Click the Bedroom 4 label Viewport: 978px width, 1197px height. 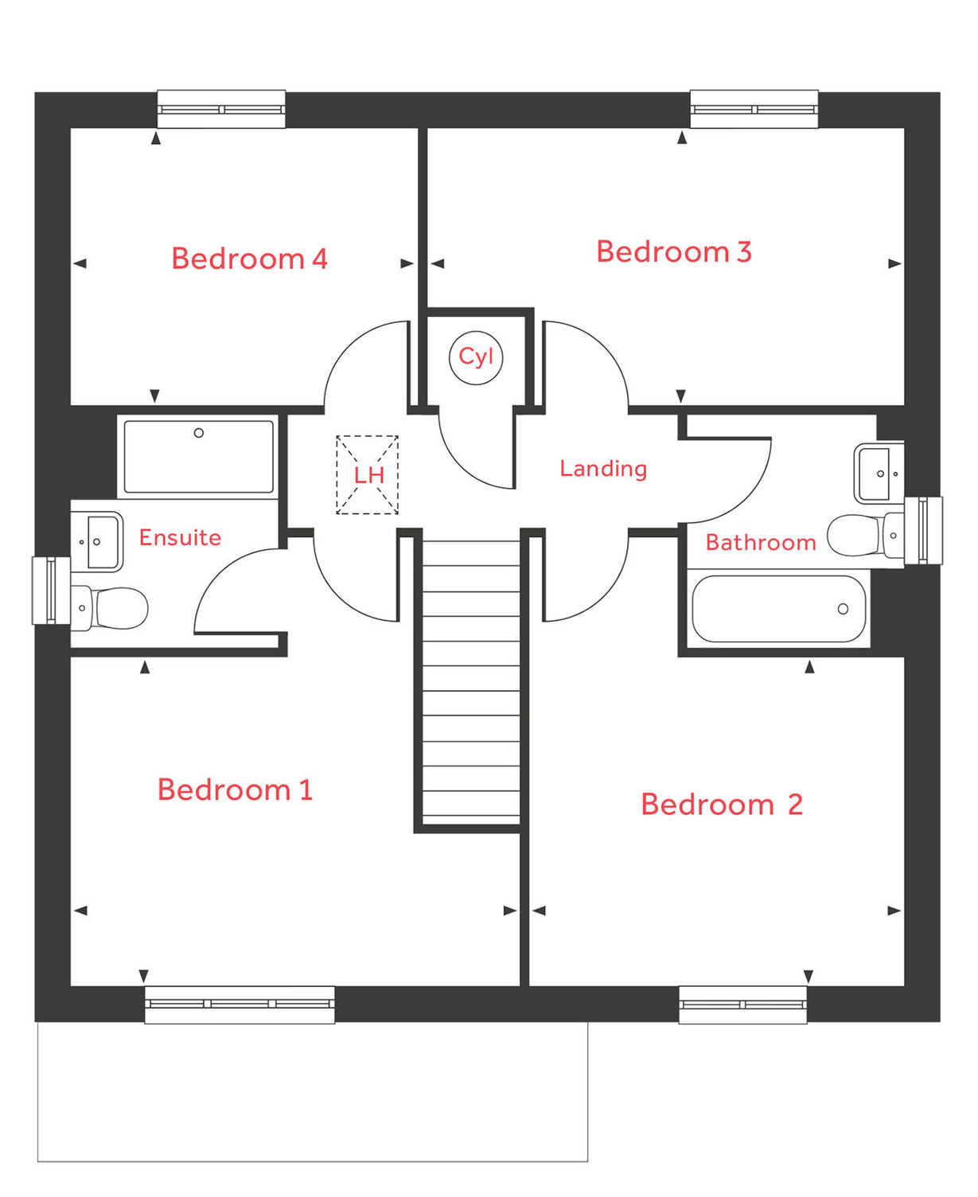pyautogui.click(x=249, y=259)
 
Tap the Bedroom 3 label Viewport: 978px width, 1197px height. pyautogui.click(x=673, y=251)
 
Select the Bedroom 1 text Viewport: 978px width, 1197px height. pyautogui.click(x=235, y=790)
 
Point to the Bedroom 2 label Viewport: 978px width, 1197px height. pyautogui.click(x=721, y=804)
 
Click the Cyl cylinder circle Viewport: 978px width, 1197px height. pyautogui.click(x=476, y=357)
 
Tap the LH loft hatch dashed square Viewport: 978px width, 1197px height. pyautogui.click(x=367, y=475)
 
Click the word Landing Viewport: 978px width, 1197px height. pyautogui.click(x=603, y=468)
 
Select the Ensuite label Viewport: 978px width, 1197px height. pyautogui.click(x=180, y=537)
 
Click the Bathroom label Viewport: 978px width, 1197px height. pyautogui.click(x=760, y=542)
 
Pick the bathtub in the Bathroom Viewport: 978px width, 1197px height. pyautogui.click(x=778, y=609)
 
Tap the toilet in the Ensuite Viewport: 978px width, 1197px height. pyautogui.click(x=111, y=608)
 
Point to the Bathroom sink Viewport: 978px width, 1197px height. pyautogui.click(x=879, y=474)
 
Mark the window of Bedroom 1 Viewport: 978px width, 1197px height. pyautogui.click(x=240, y=1004)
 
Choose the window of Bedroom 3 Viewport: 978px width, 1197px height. pyautogui.click(x=754, y=109)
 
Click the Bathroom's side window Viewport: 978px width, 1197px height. pyautogui.click(x=923, y=530)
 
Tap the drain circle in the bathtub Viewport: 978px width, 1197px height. pyautogui.click(x=843, y=609)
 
